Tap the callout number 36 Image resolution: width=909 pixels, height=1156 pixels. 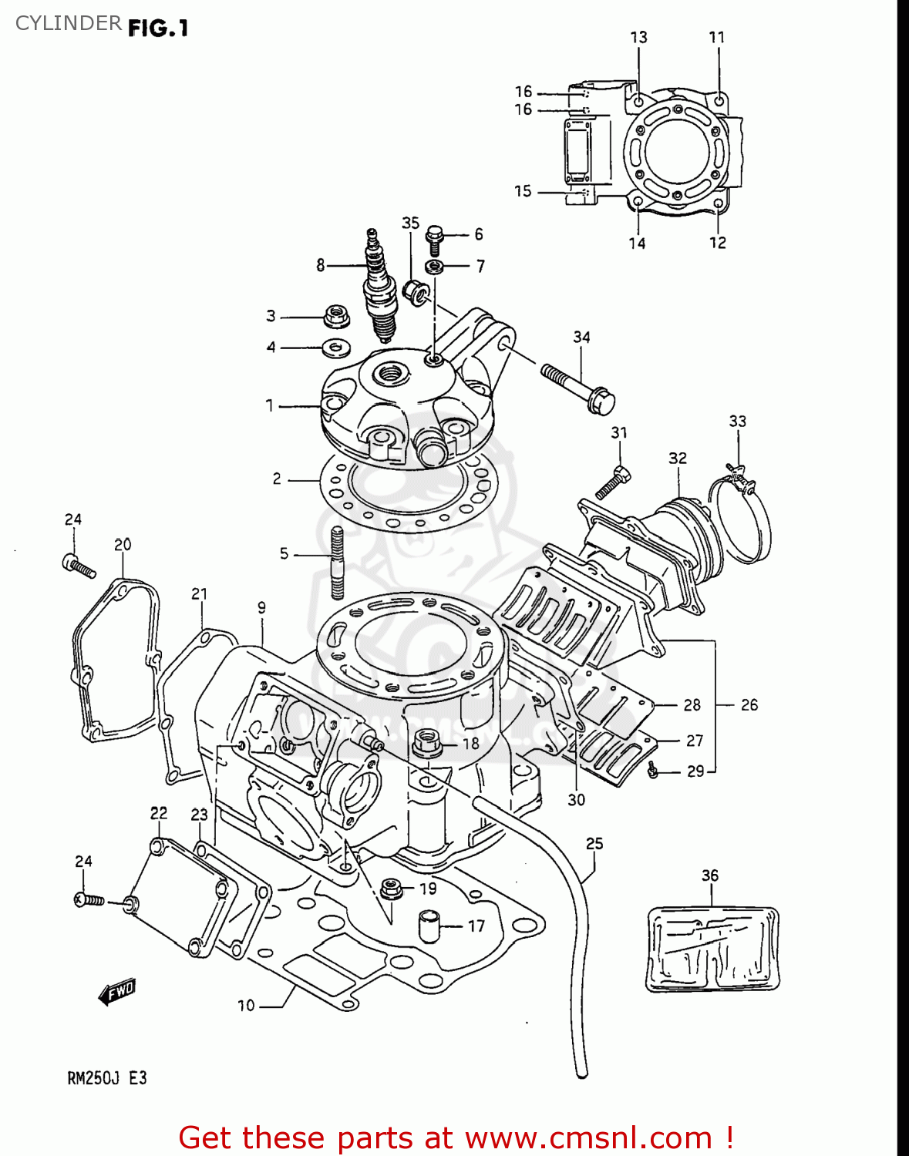pyautogui.click(x=709, y=875)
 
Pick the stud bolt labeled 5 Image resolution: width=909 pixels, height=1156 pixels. pyautogui.click(x=337, y=563)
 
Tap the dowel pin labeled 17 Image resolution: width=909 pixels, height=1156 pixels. pyautogui.click(x=430, y=926)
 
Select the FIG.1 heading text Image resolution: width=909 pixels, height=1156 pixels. pyautogui.click(x=158, y=29)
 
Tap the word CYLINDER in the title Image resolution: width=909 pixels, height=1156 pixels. pyautogui.click(x=68, y=23)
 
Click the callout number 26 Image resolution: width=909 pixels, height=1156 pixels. pyautogui.click(x=749, y=704)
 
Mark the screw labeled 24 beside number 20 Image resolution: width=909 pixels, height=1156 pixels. pyautogui.click(x=78, y=566)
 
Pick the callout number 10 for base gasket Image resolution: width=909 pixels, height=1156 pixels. pyautogui.click(x=246, y=1005)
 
